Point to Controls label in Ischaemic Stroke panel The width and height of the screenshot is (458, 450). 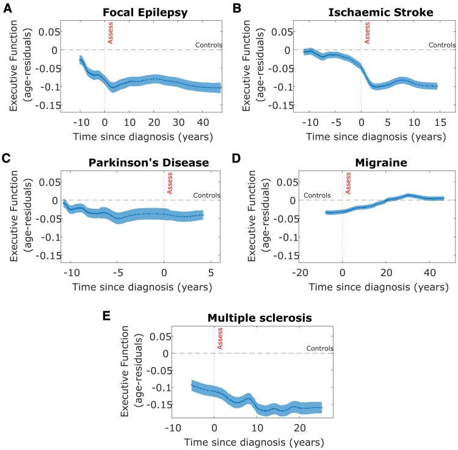(x=442, y=45)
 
